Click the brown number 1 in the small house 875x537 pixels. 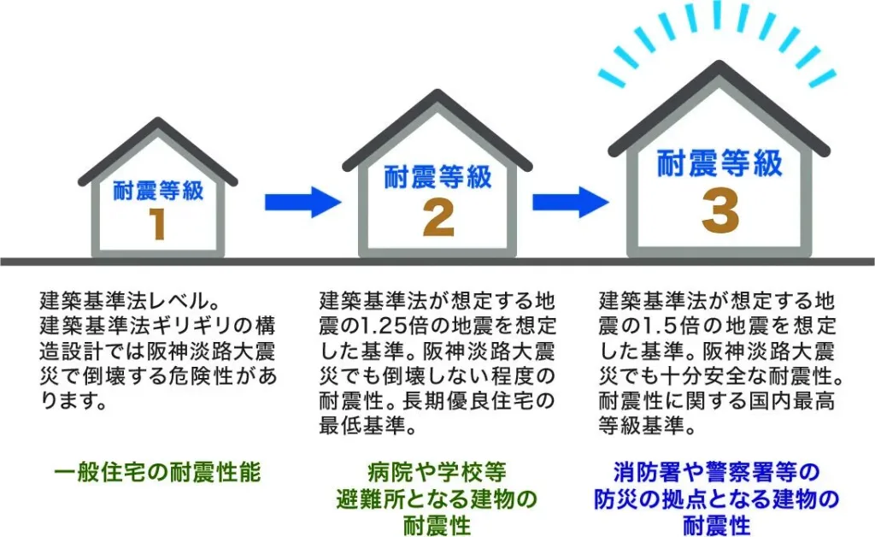pyautogui.click(x=158, y=224)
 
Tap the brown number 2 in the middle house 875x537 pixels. pyautogui.click(x=438, y=219)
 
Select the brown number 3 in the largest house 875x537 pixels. pyautogui.click(x=720, y=211)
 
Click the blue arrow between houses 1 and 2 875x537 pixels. pyautogui.click(x=302, y=202)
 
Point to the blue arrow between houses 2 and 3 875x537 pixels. pyautogui.click(x=570, y=202)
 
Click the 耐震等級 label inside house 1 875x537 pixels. pyautogui.click(x=158, y=191)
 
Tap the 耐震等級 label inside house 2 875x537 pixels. pyautogui.click(x=438, y=177)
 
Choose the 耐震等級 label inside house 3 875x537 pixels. pyautogui.click(x=719, y=163)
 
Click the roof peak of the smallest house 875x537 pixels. pyautogui.click(x=158, y=120)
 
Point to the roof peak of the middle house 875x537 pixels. pyautogui.click(x=438, y=92)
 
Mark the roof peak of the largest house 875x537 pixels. pyautogui.click(x=719, y=64)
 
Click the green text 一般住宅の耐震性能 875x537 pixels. pyautogui.click(x=158, y=472)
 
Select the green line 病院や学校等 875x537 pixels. pyautogui.click(x=437, y=472)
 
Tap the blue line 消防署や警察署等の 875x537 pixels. pyautogui.click(x=717, y=472)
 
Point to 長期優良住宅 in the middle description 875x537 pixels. pyautogui.click(x=466, y=401)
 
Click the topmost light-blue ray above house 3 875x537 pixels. pyautogui.click(x=717, y=15)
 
